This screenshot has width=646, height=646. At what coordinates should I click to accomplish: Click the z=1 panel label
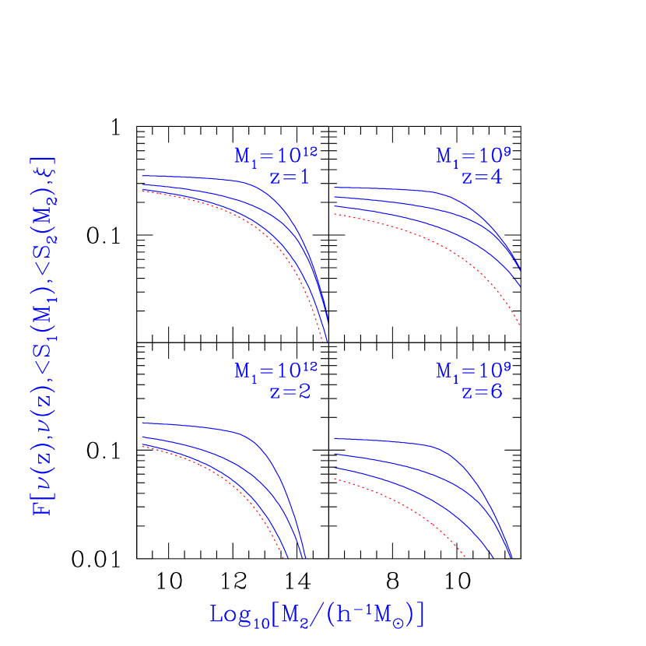coord(290,177)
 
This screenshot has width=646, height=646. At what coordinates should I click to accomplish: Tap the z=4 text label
coord(482,177)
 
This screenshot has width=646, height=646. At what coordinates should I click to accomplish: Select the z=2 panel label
coord(290,391)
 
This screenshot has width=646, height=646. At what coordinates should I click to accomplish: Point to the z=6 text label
coord(482,391)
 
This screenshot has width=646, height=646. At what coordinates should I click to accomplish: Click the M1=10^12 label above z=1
coord(276,156)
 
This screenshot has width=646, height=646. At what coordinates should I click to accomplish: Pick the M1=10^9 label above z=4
coord(472,156)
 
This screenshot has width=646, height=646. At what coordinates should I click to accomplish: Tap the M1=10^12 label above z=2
coord(276,370)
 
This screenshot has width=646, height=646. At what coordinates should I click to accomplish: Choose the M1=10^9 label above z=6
coord(472,370)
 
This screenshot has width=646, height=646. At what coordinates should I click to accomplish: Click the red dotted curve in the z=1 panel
coord(233,211)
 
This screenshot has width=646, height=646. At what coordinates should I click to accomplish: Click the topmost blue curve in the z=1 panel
coord(195,177)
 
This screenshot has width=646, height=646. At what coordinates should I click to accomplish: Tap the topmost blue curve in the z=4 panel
coord(389,189)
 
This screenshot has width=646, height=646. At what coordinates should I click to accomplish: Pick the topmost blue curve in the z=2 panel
coord(195,425)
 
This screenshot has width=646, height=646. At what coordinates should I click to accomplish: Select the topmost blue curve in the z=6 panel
coord(389,441)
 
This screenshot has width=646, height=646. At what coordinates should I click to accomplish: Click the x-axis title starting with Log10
coord(318,614)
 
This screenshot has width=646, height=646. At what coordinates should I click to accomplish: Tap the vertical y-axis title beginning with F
coord(43,335)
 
